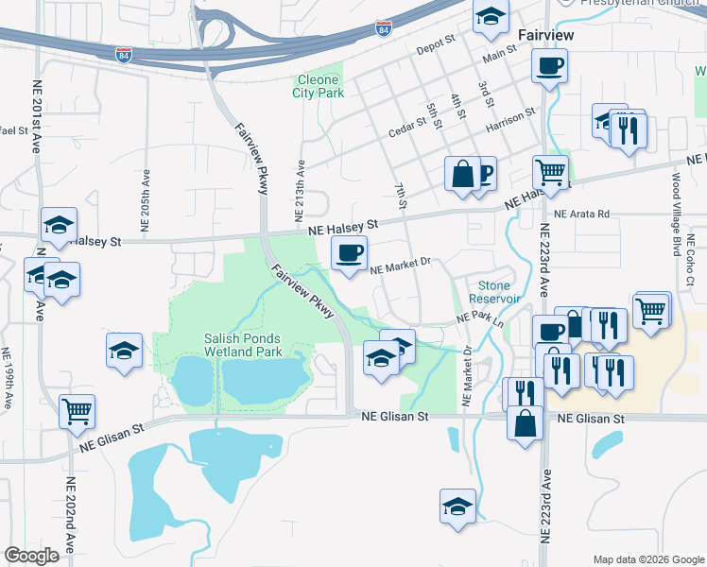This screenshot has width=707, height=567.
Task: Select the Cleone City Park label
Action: click(319, 86)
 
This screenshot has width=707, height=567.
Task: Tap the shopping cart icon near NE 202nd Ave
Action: click(78, 411)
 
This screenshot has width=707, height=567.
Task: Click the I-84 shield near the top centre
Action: click(383, 29)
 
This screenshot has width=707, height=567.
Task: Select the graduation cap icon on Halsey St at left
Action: click(59, 226)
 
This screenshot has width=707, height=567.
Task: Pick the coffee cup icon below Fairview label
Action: click(550, 66)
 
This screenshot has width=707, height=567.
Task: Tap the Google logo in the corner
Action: click(31, 556)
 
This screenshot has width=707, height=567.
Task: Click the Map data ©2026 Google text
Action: click(647, 559)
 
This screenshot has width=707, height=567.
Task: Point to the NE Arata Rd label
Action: click(582, 215)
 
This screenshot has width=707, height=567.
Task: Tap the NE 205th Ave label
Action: click(146, 200)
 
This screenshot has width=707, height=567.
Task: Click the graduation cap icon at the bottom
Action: click(458, 506)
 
